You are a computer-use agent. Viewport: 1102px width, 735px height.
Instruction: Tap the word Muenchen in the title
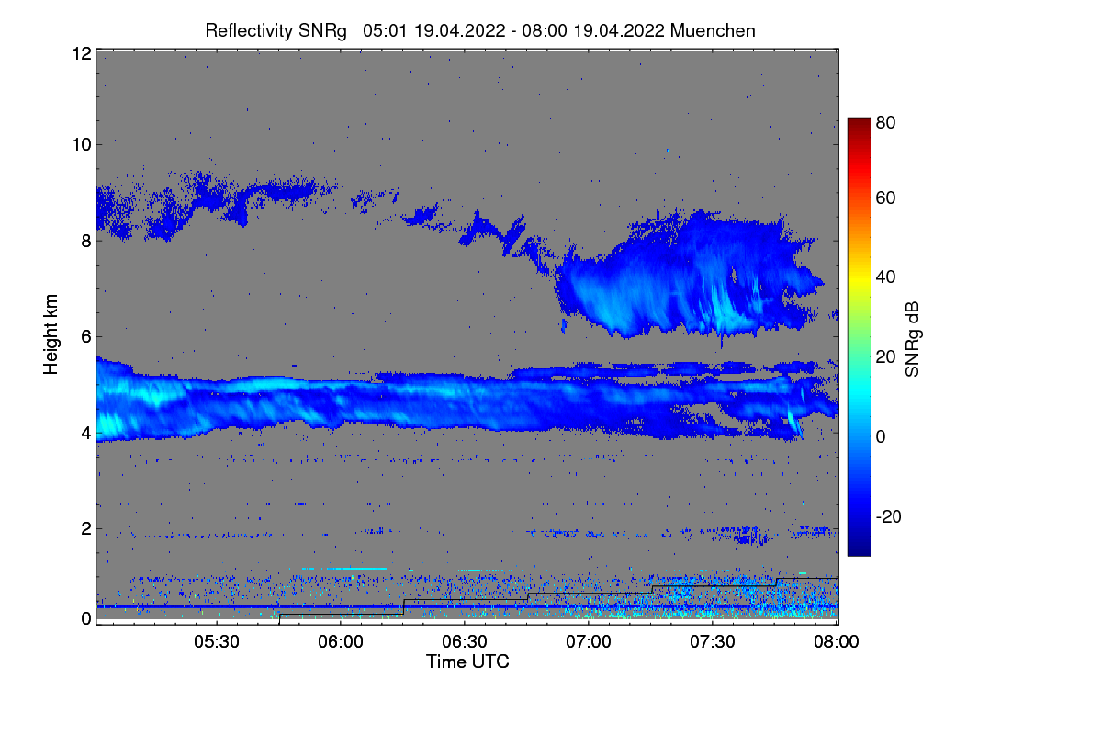[x=713, y=30]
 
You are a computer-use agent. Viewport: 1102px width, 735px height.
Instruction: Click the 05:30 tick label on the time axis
[x=217, y=641]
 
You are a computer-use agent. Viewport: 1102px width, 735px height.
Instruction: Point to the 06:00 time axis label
[x=341, y=641]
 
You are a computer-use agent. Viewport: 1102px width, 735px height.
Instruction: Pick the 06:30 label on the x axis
[x=465, y=641]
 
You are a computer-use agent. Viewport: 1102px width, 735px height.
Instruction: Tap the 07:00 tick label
[x=589, y=641]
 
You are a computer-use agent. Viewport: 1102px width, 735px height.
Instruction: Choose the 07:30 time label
[x=713, y=641]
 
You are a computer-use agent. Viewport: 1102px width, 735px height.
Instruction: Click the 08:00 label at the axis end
[x=837, y=641]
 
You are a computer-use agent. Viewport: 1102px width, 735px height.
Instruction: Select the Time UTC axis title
[x=467, y=661]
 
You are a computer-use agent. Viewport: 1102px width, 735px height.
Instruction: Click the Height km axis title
[x=51, y=334]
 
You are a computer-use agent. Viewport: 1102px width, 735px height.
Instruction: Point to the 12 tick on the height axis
[x=82, y=53]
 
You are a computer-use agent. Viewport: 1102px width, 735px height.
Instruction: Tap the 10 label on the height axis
[x=82, y=145]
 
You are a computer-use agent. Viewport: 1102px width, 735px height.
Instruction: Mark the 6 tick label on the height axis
[x=86, y=337]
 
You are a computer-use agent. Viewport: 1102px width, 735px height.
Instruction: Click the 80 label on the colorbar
[x=885, y=122]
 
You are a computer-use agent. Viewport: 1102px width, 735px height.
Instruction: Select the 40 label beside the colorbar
[x=885, y=277]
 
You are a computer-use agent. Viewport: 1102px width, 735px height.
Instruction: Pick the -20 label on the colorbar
[x=889, y=516]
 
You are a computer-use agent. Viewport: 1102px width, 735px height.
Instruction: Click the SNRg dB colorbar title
[x=912, y=340]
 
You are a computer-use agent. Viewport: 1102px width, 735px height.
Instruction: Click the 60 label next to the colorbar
[x=885, y=198]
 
